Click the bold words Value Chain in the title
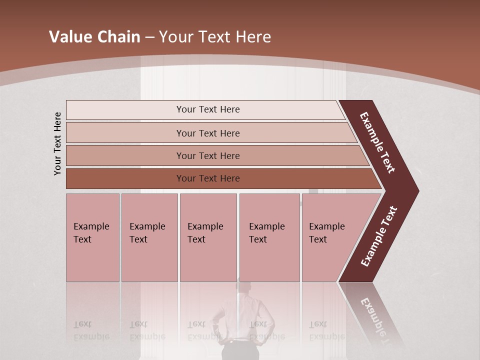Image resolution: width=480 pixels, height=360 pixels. [x=94, y=37]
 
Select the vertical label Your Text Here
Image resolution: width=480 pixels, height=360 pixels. [x=57, y=143]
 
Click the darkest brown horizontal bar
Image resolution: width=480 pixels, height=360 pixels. [x=125, y=178]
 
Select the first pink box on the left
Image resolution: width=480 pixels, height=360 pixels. [x=92, y=237]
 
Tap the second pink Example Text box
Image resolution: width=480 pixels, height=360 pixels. [x=149, y=237]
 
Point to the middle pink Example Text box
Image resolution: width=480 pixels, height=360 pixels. [x=208, y=237]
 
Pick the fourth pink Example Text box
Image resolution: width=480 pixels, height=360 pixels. [x=269, y=237]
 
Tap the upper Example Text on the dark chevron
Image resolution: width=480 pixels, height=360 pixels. [x=377, y=142]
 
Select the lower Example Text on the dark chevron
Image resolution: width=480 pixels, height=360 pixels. [x=378, y=236]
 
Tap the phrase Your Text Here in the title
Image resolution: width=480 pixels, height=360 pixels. [x=215, y=37]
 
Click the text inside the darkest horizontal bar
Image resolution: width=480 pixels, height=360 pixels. [x=208, y=178]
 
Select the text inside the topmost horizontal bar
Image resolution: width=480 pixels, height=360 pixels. [x=208, y=109]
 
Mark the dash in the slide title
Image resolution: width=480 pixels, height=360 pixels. [x=149, y=37]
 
